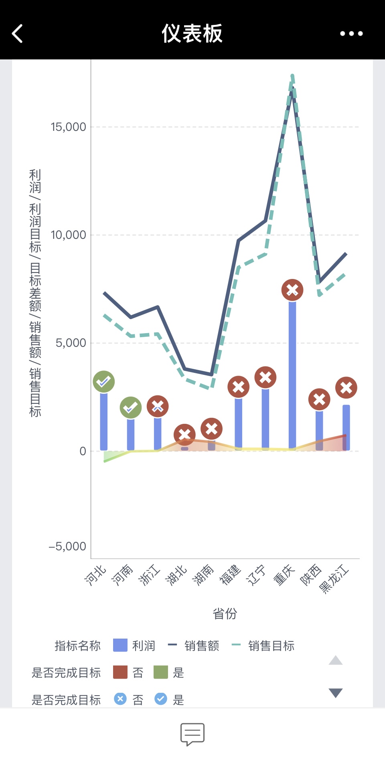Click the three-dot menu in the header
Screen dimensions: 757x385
click(351, 33)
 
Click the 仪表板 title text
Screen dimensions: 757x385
click(192, 33)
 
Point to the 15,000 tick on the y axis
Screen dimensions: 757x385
click(69, 127)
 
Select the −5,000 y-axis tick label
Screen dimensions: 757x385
click(67, 546)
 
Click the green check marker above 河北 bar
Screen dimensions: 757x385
click(104, 382)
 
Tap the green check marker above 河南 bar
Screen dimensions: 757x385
click(131, 408)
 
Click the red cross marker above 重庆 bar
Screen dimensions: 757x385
click(292, 290)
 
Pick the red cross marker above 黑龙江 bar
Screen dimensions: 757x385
click(346, 388)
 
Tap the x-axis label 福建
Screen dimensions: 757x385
click(230, 575)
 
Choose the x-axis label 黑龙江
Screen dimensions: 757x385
click(334, 578)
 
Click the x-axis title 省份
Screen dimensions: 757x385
click(225, 613)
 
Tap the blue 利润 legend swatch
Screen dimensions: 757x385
click(120, 645)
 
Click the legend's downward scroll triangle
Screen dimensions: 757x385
click(336, 693)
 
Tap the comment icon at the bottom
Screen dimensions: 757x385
click(192, 734)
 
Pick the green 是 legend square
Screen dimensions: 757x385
click(161, 672)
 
